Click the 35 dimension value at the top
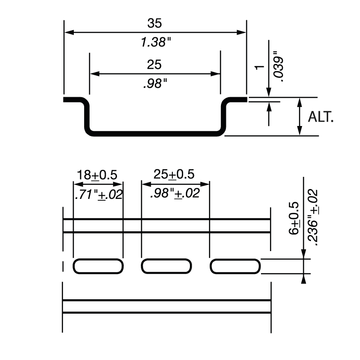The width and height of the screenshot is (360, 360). pos(154,23)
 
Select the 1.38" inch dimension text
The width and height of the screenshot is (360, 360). pos(156,43)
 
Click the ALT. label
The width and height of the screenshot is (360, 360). pos(321,117)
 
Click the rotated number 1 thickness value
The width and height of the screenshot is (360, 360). pos(259,67)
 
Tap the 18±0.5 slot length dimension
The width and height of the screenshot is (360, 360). pos(98,175)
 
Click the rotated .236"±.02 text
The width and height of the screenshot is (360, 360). pos(314,216)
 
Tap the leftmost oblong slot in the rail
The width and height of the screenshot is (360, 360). pos(98,266)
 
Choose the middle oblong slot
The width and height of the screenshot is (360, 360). pos(166,266)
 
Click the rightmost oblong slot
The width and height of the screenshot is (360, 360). pos(234,266)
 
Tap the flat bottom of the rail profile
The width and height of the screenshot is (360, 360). pos(154,133)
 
